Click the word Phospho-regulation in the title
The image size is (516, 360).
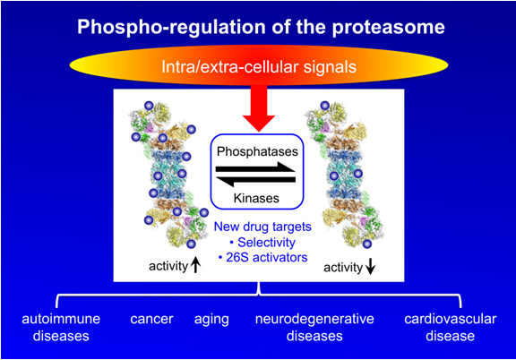pyautogui.click(x=171, y=27)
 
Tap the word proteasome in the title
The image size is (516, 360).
pyautogui.click(x=388, y=28)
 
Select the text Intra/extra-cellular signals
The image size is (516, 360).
pyautogui.click(x=259, y=67)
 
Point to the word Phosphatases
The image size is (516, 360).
pyautogui.click(x=257, y=151)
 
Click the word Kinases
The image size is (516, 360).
pyautogui.click(x=256, y=198)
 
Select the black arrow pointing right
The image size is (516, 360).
pyautogui.click(x=255, y=167)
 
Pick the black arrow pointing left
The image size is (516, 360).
pyautogui.click(x=255, y=181)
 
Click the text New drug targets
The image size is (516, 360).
pyautogui.click(x=262, y=227)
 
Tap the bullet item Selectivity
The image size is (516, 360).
pyautogui.click(x=262, y=242)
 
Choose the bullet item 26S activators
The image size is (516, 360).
pyautogui.click(x=263, y=257)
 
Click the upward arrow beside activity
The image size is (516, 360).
pyautogui.click(x=196, y=265)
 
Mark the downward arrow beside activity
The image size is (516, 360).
pyautogui.click(x=371, y=267)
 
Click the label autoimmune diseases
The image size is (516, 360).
pyautogui.click(x=61, y=328)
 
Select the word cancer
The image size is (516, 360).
pyautogui.click(x=151, y=319)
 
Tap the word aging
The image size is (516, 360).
pyautogui.click(x=211, y=320)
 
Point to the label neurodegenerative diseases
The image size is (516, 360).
pyautogui.click(x=314, y=328)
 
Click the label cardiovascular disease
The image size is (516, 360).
pyautogui.click(x=451, y=328)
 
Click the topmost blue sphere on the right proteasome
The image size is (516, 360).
pyautogui.click(x=325, y=106)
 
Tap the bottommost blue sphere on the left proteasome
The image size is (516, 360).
pyautogui.click(x=191, y=244)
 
